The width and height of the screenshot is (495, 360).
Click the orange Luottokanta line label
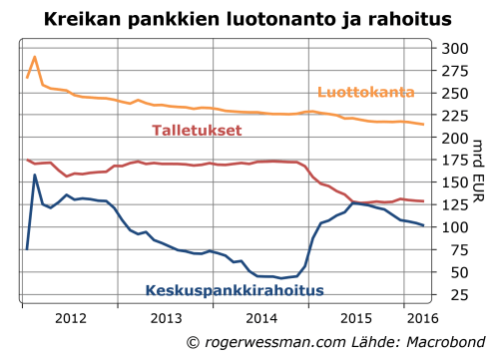pos(365,93)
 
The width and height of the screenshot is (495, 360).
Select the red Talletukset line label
pos(198,131)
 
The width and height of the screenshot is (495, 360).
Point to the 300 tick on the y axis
pos(454,48)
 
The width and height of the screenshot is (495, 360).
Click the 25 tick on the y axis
pos(454,295)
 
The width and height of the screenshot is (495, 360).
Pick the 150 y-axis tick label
pos(454,182)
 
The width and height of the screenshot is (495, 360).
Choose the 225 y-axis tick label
pos(454,115)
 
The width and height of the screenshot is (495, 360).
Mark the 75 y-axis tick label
pos(454,249)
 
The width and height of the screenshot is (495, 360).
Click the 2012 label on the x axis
pos(70,319)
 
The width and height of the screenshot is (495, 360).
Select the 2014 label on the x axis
pos(261,319)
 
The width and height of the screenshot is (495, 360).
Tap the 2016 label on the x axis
pos(422,319)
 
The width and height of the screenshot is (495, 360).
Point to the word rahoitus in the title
pos(408,18)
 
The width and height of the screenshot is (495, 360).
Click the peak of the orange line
pos(35,57)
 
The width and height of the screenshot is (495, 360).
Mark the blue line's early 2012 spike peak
pos(35,176)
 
